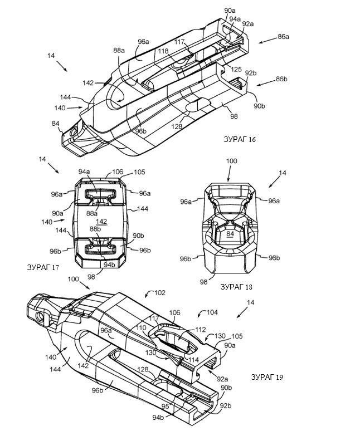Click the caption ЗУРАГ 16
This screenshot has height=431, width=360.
coord(240,139)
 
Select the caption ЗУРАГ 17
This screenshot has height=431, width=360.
coord(43,267)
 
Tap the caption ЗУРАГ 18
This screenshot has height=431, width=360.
coord(236,287)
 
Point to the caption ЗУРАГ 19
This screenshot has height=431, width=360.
coord(267,377)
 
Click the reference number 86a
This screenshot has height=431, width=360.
coord(283,37)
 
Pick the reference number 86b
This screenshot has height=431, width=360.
coord(281,79)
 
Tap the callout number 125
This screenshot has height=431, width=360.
coord(236,69)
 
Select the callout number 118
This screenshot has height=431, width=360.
coord(163,51)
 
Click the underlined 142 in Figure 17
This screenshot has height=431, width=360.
coord(101,222)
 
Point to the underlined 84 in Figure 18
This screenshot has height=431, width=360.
coord(230,234)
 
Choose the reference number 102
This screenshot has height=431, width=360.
coord(160,292)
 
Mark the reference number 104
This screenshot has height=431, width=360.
coord(212,312)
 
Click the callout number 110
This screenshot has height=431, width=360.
coord(142,327)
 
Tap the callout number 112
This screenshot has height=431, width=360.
coord(201,329)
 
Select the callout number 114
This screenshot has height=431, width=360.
coord(193,359)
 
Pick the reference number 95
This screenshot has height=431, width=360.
coord(166,406)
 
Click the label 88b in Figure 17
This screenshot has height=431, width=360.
coord(95,229)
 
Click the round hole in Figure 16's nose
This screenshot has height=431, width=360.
coord(74,133)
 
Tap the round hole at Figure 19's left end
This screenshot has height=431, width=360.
coord(41,317)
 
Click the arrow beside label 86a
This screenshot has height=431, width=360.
coord(267,40)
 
